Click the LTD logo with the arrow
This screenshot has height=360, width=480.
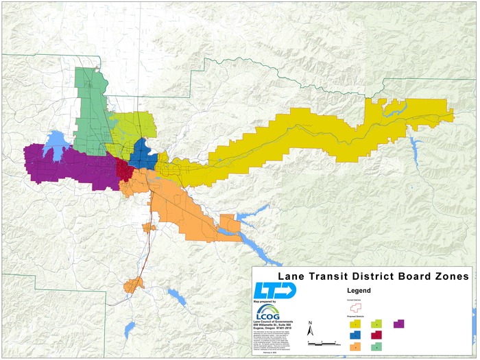coord(274,290)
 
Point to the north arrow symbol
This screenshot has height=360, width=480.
coord(311,328)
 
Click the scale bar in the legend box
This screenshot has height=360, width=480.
coord(322,341)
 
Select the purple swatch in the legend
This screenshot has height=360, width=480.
coord(399,323)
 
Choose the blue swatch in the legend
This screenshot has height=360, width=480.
coord(356,335)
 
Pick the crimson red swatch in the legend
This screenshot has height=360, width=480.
coord(376,335)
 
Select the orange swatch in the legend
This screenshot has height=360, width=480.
coord(356,347)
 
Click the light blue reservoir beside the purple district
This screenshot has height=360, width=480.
coord(55,143)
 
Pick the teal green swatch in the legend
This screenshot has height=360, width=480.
coord(376,347)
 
